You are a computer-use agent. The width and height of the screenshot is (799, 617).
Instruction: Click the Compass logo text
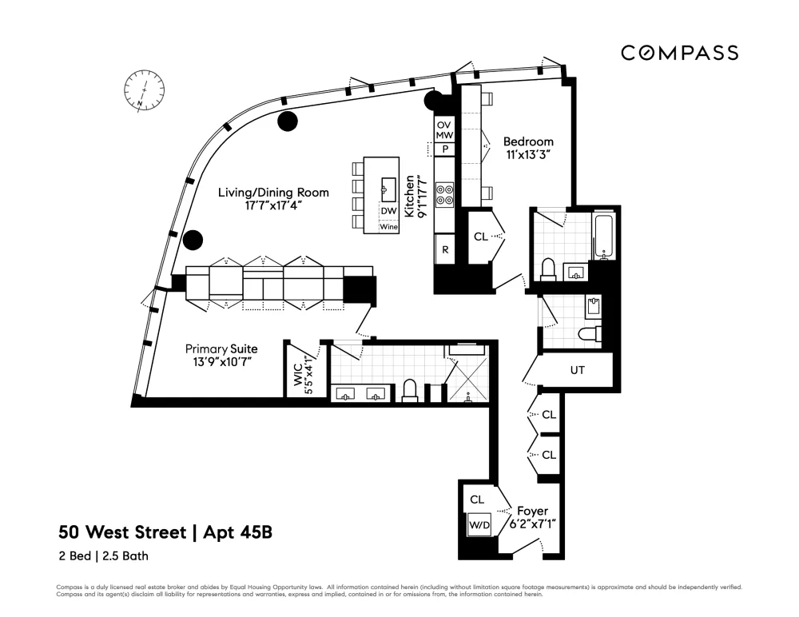click(x=680, y=53)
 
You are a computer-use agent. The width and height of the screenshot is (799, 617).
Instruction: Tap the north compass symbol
click(x=145, y=90)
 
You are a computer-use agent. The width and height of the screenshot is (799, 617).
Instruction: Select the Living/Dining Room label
click(x=273, y=193)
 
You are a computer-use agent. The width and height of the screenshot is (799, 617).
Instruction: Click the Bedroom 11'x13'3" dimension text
click(x=528, y=154)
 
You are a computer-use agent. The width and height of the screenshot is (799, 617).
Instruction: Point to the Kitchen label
click(x=410, y=197)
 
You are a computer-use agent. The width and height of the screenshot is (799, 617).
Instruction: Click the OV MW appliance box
click(x=444, y=130)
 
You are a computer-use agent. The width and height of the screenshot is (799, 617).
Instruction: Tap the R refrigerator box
click(x=445, y=249)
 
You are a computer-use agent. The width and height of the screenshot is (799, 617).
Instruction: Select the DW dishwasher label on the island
click(x=388, y=211)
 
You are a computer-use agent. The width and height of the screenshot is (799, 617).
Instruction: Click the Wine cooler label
click(x=389, y=227)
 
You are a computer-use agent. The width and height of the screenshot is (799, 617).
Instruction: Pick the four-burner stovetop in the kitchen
click(x=445, y=195)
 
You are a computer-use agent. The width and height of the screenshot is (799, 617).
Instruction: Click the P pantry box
click(x=445, y=149)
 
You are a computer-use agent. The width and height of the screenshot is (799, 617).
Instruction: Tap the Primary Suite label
click(x=221, y=349)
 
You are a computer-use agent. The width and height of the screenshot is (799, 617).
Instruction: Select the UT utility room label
click(x=578, y=370)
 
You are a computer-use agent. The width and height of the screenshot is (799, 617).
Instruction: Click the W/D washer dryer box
click(x=479, y=525)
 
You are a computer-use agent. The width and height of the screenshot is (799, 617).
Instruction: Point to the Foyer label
click(x=532, y=511)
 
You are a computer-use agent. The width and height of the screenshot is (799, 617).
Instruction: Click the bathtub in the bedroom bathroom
click(x=604, y=236)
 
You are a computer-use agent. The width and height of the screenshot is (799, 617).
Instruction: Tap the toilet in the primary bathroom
click(x=410, y=390)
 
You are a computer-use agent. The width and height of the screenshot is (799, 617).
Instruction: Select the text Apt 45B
click(x=237, y=532)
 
